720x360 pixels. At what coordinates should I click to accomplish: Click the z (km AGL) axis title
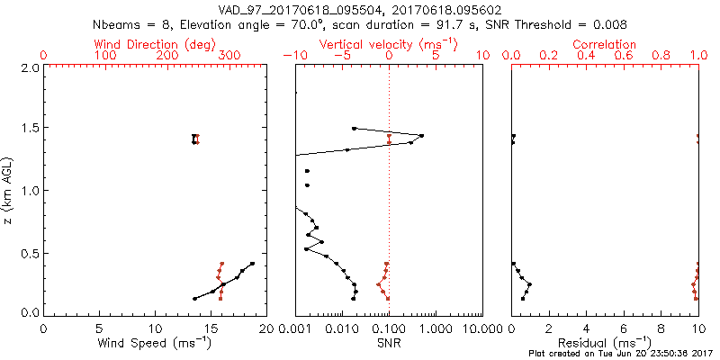click(x=9, y=190)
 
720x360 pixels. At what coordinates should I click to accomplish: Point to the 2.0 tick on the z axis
click(x=28, y=67)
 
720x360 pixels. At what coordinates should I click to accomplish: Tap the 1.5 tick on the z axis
click(x=28, y=129)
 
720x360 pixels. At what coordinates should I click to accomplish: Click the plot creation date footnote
click(x=622, y=354)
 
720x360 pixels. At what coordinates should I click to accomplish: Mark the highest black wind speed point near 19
click(x=252, y=264)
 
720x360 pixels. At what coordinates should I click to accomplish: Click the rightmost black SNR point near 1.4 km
click(x=421, y=136)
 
